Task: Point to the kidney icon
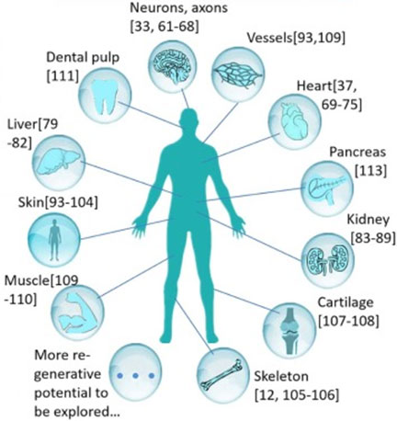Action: (x=327, y=258)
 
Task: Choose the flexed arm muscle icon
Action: (x=77, y=312)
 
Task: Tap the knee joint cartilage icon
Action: (x=289, y=330)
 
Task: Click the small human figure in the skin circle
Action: (x=54, y=240)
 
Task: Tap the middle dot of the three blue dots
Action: (x=135, y=375)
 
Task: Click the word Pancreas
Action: (x=357, y=152)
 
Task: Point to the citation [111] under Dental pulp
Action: (x=62, y=75)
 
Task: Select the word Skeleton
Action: (x=281, y=376)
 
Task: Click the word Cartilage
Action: (x=346, y=302)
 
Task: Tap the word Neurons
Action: (x=153, y=7)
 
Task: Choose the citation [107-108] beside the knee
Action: (x=348, y=321)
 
